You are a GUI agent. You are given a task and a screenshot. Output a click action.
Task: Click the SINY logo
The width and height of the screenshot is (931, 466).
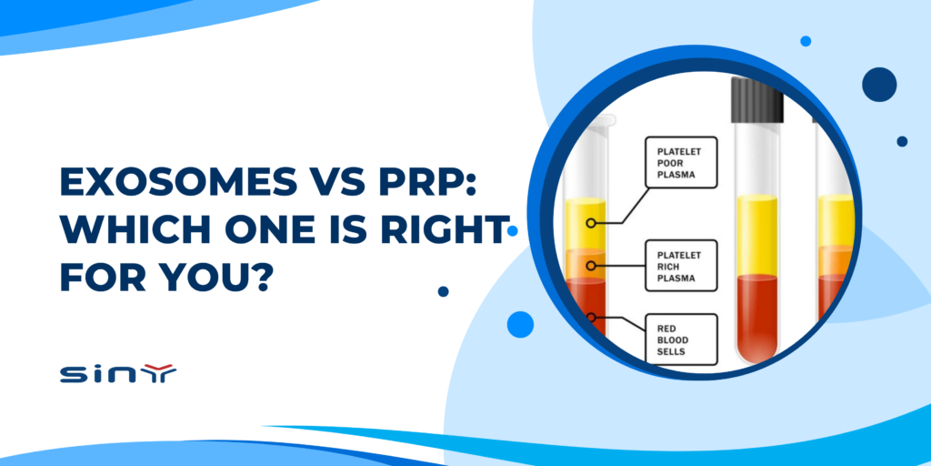117,373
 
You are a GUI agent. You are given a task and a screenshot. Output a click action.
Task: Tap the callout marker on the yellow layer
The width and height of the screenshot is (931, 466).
591,222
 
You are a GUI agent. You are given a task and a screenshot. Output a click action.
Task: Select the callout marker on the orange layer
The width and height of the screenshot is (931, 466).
591,266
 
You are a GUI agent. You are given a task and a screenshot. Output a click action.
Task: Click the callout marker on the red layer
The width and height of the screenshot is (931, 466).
591,318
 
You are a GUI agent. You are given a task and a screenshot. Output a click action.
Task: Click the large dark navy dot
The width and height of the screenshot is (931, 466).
879,84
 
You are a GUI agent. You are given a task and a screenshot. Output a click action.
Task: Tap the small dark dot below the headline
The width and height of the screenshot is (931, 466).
443,291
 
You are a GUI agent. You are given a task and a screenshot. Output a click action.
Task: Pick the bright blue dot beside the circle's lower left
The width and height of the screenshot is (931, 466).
520,323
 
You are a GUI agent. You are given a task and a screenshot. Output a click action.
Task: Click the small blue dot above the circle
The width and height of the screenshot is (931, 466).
806,41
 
